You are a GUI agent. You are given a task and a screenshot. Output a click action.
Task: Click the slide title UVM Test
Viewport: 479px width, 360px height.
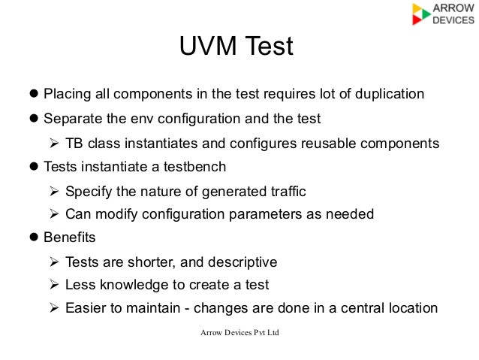pos(235,48)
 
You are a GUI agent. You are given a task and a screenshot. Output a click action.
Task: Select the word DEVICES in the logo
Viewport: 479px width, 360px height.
pos(453,21)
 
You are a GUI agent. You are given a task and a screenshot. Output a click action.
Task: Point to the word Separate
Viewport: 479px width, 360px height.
pos(74,119)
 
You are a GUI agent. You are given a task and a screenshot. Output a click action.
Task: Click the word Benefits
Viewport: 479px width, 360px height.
pos(70,238)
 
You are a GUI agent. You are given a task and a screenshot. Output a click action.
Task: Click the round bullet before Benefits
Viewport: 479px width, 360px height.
pos(33,238)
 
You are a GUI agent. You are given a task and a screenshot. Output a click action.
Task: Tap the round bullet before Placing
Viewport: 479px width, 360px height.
pos(33,95)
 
